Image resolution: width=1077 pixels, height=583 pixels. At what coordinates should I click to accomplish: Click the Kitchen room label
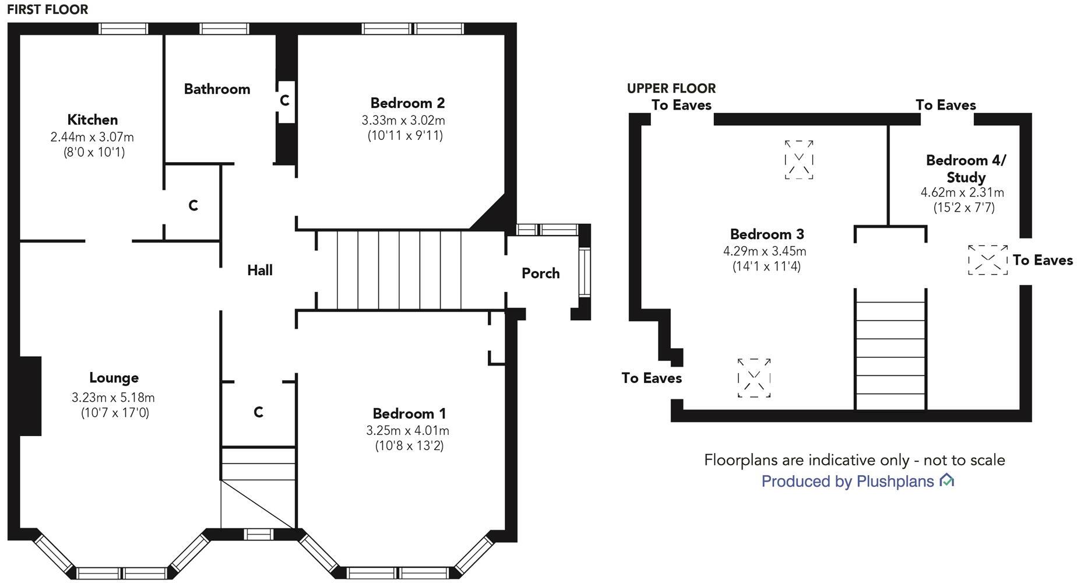[x=92, y=120]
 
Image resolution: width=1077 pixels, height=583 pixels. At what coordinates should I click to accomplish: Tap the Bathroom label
[x=217, y=89]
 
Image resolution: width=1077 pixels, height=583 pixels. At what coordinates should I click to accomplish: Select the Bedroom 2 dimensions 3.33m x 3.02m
[x=403, y=121]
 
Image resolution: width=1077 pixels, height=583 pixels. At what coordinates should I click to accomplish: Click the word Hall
[x=259, y=270]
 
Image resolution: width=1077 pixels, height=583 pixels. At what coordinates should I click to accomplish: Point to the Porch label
[x=540, y=273]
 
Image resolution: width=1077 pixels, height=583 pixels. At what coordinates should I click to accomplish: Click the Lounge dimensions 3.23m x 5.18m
[x=113, y=398]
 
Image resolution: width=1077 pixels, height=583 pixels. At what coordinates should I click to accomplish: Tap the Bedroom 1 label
[x=409, y=413]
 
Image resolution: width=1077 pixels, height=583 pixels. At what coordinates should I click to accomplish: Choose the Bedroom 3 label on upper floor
[x=766, y=234]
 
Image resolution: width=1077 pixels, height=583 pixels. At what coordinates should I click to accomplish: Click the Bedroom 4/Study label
[x=965, y=168]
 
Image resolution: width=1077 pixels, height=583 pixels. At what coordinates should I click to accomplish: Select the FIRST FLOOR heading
[x=48, y=9]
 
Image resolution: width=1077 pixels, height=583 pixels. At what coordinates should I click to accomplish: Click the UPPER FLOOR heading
[x=671, y=88]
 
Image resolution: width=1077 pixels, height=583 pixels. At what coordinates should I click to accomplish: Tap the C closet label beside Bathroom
[x=284, y=100]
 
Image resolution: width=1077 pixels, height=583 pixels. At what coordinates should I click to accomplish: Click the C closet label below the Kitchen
[x=193, y=205]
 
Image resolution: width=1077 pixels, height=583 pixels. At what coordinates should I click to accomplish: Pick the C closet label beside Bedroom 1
[x=258, y=412]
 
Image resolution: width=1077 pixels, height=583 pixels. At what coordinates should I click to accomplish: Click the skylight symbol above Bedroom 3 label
[x=798, y=159]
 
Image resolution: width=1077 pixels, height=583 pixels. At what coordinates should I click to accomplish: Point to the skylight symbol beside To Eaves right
[x=987, y=260]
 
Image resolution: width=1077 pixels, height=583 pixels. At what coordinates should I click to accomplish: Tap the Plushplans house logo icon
[x=946, y=480]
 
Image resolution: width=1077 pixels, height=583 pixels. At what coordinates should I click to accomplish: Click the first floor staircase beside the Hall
[x=399, y=269]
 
